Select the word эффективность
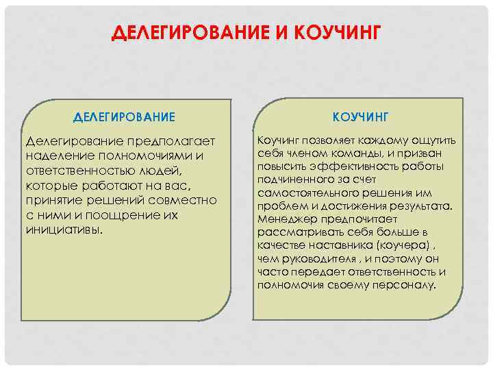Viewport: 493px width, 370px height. [x=354, y=166]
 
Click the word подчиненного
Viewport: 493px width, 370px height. [x=295, y=180]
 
